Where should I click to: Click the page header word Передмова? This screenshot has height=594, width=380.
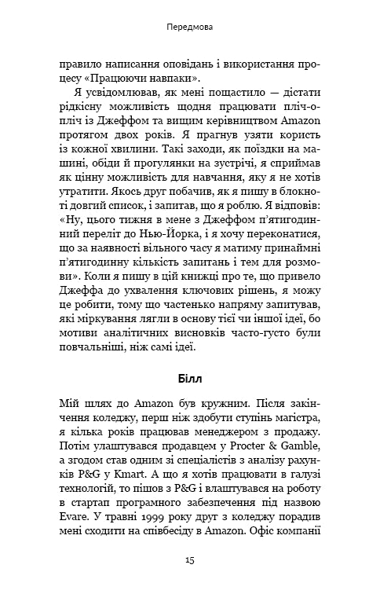point(190,26)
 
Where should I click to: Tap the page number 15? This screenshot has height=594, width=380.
point(190,560)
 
